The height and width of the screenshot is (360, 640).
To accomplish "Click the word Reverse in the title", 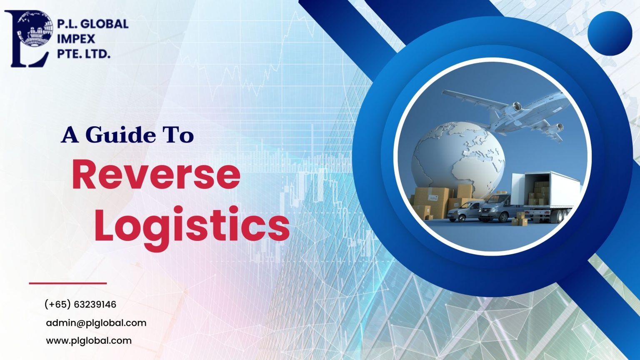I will pyautogui.click(x=156, y=175).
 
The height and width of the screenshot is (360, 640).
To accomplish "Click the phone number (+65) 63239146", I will pyautogui.click(x=80, y=305).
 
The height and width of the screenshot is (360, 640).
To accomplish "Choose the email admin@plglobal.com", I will pyautogui.click(x=96, y=323).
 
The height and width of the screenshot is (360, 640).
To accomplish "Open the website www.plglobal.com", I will pyautogui.click(x=89, y=341).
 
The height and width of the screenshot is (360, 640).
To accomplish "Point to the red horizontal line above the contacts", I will pyautogui.click(x=68, y=283).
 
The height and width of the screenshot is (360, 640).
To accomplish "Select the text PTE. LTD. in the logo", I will pyautogui.click(x=83, y=53).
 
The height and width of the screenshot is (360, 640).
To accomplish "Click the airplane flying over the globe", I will pyautogui.click(x=512, y=110).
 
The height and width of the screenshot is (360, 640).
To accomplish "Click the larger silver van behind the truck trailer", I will pyautogui.click(x=496, y=207).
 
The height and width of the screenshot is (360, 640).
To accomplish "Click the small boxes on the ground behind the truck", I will pyautogui.click(x=520, y=218).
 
